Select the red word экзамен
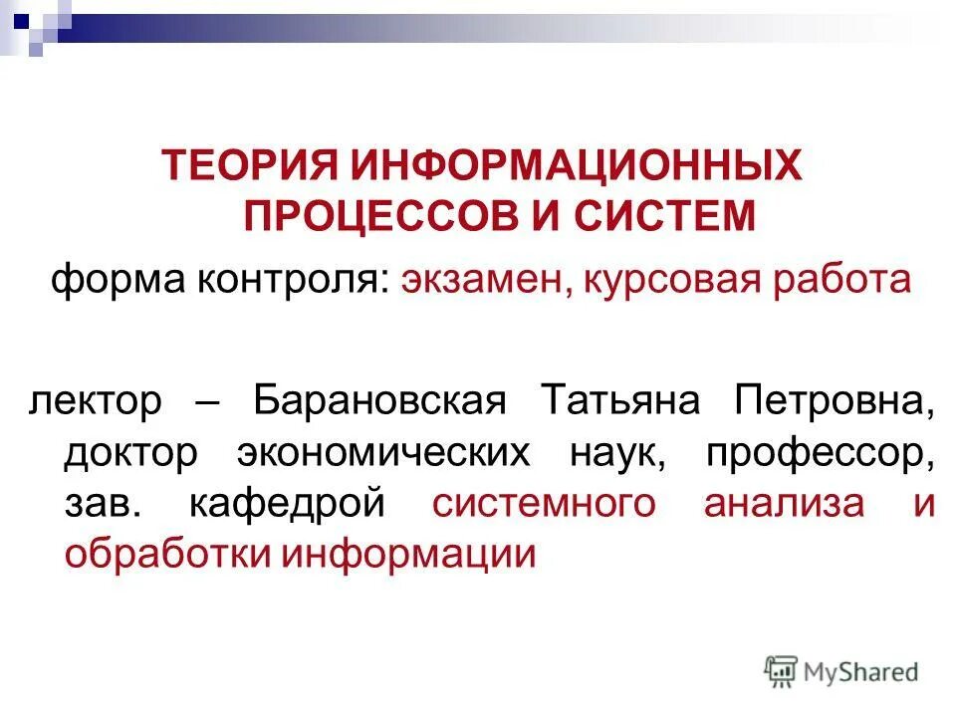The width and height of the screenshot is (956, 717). tap(477, 280)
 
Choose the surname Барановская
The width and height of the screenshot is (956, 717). tap(381, 401)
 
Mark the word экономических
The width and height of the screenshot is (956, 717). tap(384, 453)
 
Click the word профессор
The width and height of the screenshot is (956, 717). tap(822, 453)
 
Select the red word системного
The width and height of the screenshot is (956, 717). tap(544, 504)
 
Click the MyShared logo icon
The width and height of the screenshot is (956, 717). tap(782, 672)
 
